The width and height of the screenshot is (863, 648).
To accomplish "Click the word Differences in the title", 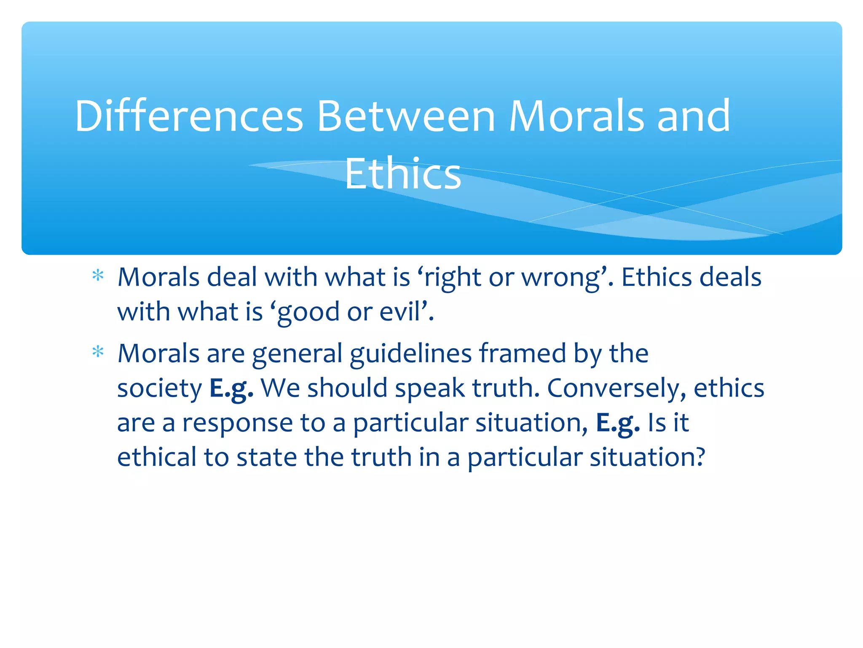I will [189, 116].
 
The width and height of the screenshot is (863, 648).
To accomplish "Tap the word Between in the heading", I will [406, 116].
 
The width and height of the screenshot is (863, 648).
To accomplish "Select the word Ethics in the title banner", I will [403, 173].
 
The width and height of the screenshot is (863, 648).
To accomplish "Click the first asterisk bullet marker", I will [98, 276].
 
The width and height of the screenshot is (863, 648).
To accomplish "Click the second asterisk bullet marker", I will [98, 352].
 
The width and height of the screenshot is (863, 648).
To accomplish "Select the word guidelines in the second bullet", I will [410, 354].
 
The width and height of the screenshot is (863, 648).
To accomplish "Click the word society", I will [160, 389].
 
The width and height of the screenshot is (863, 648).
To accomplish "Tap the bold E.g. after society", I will [231, 388].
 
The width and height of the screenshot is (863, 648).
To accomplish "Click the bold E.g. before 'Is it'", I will [618, 423].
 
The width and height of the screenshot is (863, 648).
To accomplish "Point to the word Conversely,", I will [616, 388].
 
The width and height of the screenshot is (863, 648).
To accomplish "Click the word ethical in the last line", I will [157, 457].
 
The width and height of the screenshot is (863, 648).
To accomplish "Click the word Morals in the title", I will [576, 116].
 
